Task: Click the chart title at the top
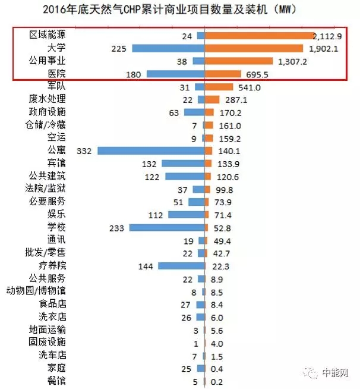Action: pos(179,10)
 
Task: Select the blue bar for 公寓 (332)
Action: pos(151,150)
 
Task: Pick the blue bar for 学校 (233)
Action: pos(167,228)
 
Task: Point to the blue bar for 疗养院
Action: pos(181,266)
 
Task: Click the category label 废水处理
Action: pos(48,99)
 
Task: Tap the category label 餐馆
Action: pos(56,380)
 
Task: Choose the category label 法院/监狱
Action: pos(46,189)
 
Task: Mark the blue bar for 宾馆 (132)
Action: pos(183,164)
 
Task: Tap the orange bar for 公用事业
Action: pos(238,61)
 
